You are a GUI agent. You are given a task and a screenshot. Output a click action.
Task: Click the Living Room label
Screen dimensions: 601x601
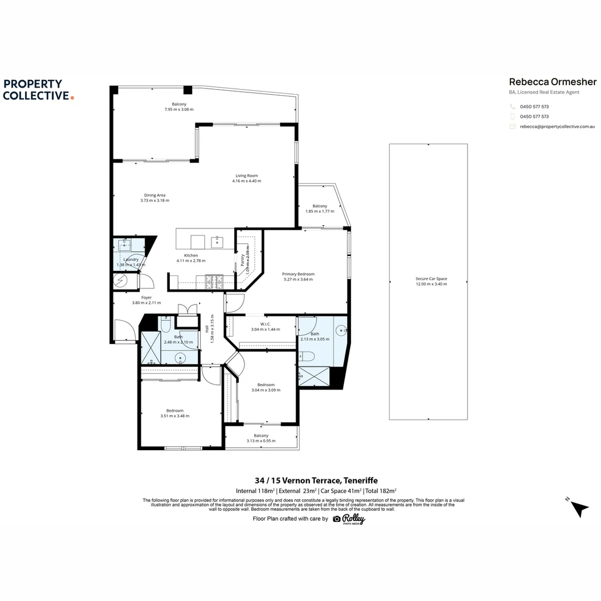[247, 176]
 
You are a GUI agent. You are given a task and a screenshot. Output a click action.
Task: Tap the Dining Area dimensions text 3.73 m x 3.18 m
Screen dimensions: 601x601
[155, 200]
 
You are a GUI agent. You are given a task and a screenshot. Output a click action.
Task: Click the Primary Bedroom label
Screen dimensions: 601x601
[298, 274]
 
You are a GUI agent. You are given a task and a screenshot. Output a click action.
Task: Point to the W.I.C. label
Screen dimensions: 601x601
[265, 324]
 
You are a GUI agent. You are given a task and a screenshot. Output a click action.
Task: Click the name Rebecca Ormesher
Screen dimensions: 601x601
[553, 82]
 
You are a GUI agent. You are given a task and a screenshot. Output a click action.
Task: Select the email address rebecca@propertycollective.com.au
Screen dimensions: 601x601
[558, 127]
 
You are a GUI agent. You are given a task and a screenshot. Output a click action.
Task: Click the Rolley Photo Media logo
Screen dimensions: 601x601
[349, 519]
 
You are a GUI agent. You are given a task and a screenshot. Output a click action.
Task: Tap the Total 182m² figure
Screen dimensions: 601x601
[381, 491]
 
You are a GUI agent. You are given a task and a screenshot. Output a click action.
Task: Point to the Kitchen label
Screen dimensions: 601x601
[191, 255]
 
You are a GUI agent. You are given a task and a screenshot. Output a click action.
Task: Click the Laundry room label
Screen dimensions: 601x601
[131, 259]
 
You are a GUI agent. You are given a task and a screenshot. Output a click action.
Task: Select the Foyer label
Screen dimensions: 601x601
[146, 298]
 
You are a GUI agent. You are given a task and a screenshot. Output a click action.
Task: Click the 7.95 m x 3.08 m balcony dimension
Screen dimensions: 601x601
[179, 110]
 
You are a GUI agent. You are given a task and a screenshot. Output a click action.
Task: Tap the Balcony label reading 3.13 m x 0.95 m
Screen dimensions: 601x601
[261, 441]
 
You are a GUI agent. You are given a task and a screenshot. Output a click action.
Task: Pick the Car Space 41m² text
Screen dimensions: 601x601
[341, 491]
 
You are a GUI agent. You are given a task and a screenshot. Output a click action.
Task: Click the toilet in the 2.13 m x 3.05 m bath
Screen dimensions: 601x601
[307, 357]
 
